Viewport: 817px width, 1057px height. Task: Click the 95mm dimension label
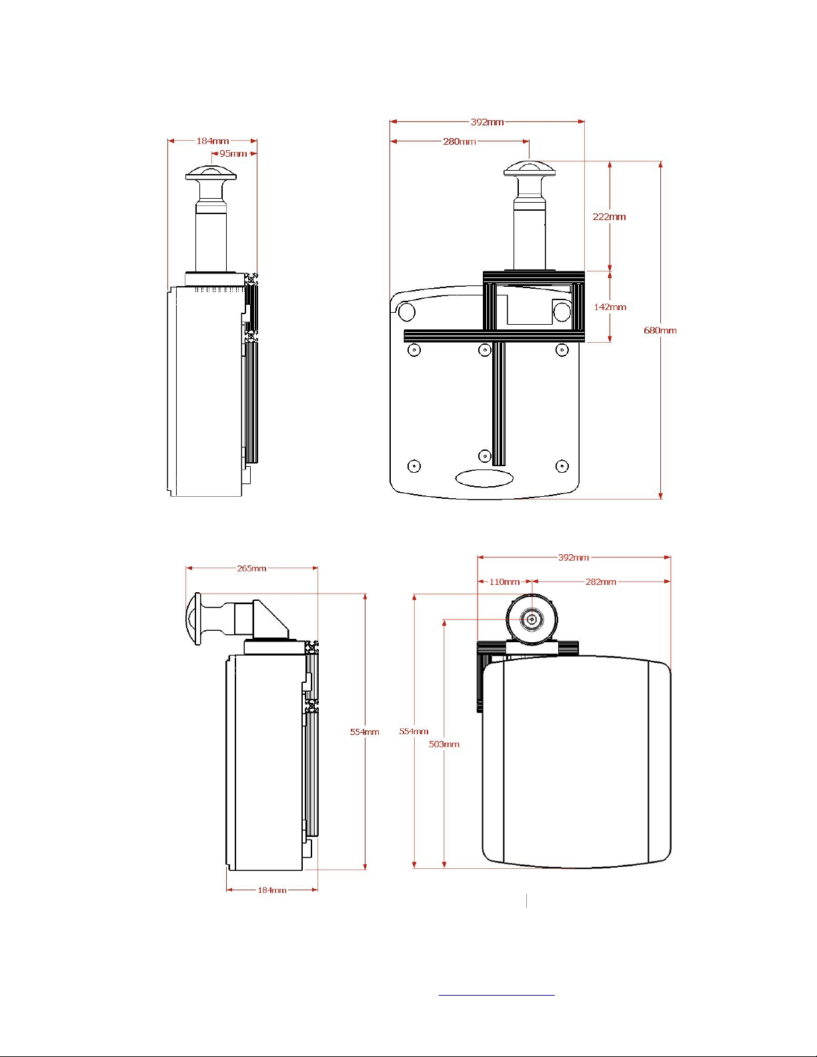(233, 153)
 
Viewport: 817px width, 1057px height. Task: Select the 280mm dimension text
(459, 141)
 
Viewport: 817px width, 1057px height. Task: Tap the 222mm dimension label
(609, 217)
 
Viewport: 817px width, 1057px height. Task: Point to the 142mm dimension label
(610, 307)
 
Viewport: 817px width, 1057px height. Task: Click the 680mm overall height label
(660, 330)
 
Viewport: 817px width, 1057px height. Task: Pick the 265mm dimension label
(251, 568)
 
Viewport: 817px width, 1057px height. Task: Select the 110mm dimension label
(504, 582)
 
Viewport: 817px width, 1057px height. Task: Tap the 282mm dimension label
(601, 582)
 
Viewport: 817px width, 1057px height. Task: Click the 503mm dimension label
(444, 744)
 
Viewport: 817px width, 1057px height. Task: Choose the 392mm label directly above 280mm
(488, 122)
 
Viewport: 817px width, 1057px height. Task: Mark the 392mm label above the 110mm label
(574, 558)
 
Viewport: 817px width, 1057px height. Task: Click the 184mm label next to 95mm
(213, 141)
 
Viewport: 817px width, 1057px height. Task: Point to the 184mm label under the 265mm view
(272, 890)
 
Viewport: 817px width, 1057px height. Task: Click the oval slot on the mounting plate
(484, 478)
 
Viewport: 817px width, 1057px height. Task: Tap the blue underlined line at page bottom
(496, 996)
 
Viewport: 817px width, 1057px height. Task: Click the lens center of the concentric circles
(532, 620)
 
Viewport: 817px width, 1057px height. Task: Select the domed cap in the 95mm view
(211, 173)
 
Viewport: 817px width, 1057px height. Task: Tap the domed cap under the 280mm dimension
(530, 168)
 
